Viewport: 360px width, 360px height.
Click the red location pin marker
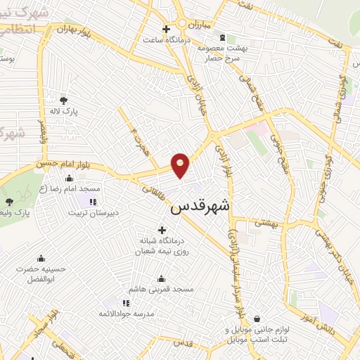tap(181, 165)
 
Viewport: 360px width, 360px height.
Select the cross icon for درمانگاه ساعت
tap(165, 30)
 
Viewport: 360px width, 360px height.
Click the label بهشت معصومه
tap(220, 48)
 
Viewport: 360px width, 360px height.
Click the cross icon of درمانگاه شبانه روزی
tap(162, 229)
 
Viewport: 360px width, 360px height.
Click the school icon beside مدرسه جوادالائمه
tap(126, 302)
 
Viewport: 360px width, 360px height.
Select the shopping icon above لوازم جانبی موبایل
tap(256, 319)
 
